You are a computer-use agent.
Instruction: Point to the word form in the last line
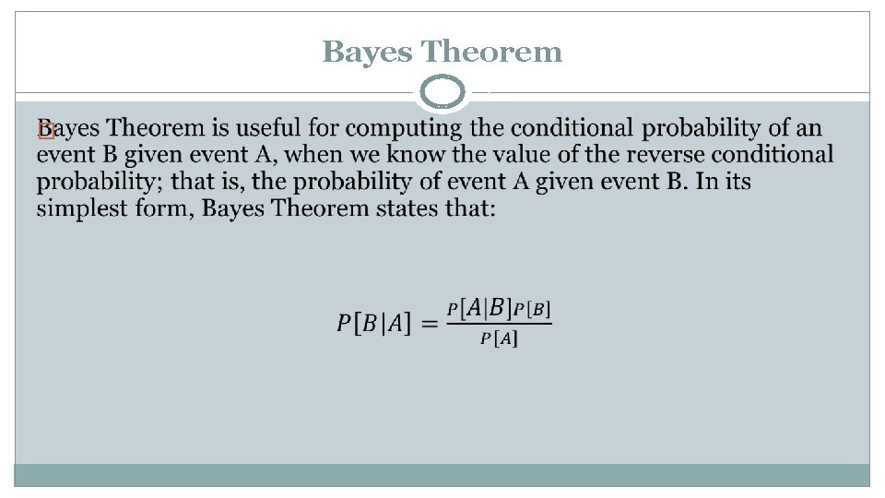point(163,208)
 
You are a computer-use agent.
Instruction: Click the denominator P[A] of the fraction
point(499,338)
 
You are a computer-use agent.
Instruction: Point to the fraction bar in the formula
point(499,323)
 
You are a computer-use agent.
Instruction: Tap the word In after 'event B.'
point(708,182)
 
